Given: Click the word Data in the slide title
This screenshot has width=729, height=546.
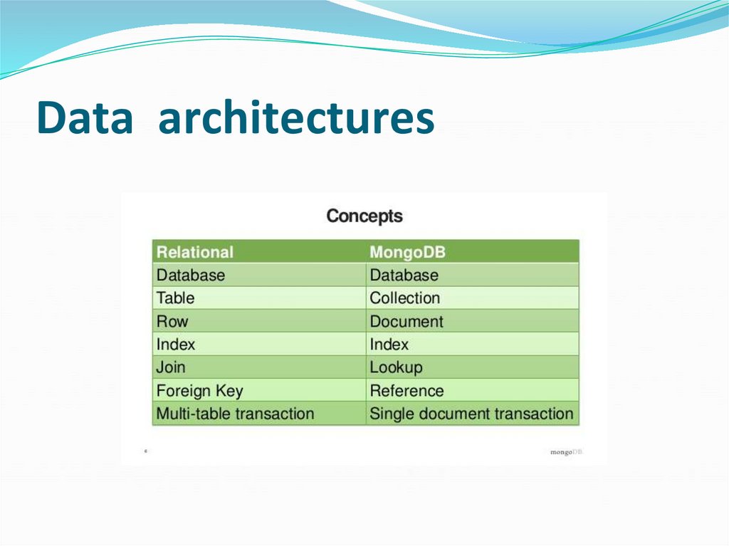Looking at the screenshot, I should pyautogui.click(x=84, y=118).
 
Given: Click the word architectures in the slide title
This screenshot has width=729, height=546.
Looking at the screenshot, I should pyautogui.click(x=295, y=118).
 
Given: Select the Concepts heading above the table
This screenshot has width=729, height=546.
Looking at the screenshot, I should pyautogui.click(x=364, y=216).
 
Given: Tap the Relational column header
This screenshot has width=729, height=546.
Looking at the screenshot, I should pyautogui.click(x=194, y=252).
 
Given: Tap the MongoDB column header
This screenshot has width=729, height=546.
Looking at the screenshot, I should pyautogui.click(x=407, y=252).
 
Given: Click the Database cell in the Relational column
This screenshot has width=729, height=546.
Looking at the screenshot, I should pyautogui.click(x=190, y=275).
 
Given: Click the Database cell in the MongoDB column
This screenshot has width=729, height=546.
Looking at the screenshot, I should pyautogui.click(x=404, y=275).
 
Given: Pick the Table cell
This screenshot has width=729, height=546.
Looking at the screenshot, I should pyautogui.click(x=175, y=298).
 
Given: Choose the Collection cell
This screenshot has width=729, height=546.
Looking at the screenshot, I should pyautogui.click(x=404, y=298).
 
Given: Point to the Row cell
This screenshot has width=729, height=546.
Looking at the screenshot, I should pyautogui.click(x=172, y=321).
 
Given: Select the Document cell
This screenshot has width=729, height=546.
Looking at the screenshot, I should pyautogui.click(x=406, y=321).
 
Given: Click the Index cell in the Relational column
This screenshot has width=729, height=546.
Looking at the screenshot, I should pyautogui.click(x=175, y=344).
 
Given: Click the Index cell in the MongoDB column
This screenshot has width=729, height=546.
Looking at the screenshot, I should pyautogui.click(x=389, y=344).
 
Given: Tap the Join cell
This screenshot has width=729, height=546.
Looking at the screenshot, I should pyautogui.click(x=171, y=367).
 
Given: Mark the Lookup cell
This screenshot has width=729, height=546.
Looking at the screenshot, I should pyautogui.click(x=396, y=367).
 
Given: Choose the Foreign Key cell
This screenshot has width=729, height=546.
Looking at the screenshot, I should pyautogui.click(x=199, y=391).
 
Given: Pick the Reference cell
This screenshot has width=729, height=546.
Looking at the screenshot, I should pyautogui.click(x=406, y=391).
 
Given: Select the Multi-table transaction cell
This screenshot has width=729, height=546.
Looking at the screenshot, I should pyautogui.click(x=235, y=414).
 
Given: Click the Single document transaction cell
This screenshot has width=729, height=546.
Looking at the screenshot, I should pyautogui.click(x=471, y=414).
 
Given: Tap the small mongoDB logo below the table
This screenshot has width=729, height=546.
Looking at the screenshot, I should pyautogui.click(x=566, y=452).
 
